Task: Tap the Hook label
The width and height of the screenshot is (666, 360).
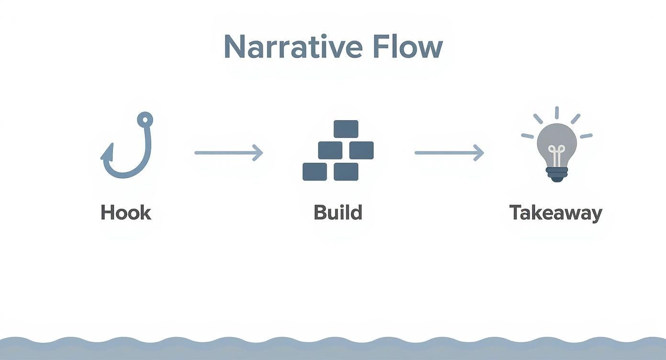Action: click(x=126, y=213)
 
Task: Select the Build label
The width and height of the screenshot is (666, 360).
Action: click(x=338, y=213)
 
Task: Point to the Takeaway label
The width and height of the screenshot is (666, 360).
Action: click(x=555, y=213)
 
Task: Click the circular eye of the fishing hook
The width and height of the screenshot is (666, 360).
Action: click(x=144, y=118)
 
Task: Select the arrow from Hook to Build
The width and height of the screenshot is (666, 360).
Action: click(x=229, y=153)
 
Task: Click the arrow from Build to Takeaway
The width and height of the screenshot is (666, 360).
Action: click(x=449, y=153)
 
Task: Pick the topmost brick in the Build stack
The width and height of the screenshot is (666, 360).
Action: click(x=345, y=129)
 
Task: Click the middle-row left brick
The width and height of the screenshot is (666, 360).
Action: click(x=330, y=150)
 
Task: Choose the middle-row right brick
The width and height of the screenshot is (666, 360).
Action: click(x=361, y=150)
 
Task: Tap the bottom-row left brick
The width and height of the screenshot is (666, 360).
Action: click(x=314, y=171)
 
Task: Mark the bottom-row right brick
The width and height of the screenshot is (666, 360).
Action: click(x=346, y=171)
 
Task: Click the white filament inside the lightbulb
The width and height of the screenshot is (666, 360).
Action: click(x=556, y=154)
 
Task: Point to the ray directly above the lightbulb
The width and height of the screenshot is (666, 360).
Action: click(x=556, y=113)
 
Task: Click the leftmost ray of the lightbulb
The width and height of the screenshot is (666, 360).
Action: click(x=527, y=136)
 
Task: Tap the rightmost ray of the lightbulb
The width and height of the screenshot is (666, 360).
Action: click(x=586, y=136)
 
